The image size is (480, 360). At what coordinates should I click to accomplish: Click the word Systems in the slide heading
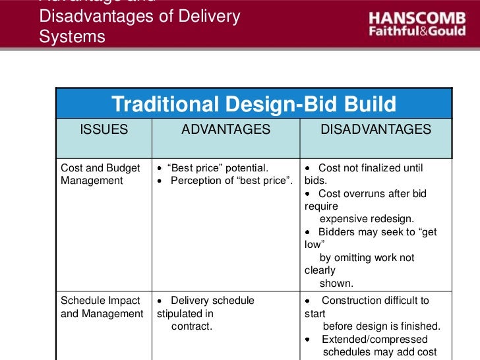pos(72,37)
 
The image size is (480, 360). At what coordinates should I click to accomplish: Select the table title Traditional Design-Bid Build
pos(254,104)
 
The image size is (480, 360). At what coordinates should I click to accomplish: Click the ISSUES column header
pos(104,130)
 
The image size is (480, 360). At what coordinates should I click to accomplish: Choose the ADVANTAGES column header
pos(225,130)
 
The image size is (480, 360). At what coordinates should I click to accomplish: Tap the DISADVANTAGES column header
pos(376,130)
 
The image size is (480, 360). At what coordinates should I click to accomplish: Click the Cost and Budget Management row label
pos(100,174)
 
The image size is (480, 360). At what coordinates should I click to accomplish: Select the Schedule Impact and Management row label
pos(102,307)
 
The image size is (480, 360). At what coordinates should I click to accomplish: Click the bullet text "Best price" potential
pos(217,168)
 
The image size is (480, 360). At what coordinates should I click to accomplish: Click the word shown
pos(336,283)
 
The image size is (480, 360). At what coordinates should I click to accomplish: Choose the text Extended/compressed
pos(375,340)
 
